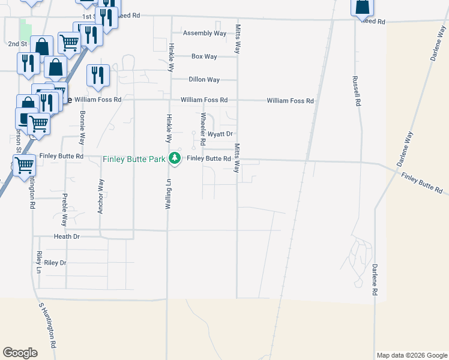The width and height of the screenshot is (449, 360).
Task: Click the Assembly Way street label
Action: pos(205,33)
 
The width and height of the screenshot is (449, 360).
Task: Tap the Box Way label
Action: pos(204,56)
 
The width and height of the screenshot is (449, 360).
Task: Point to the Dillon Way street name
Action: pos(204,79)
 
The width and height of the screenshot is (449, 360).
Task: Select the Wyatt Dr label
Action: pos(220,134)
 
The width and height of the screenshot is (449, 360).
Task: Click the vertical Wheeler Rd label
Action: pos(203,130)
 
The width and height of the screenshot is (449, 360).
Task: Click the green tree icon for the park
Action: pos(174,158)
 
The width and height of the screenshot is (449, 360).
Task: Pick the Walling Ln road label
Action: pos(169,193)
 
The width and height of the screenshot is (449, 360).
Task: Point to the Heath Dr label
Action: pos(67,237)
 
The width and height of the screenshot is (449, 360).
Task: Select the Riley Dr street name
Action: pos(55,263)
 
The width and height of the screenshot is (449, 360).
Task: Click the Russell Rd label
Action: pos(357,91)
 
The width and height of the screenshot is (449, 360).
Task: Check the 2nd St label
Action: pos(18,44)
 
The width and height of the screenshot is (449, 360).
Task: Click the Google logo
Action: pos(20,353)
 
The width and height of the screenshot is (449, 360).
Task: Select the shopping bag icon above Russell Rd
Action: pos(363,7)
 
